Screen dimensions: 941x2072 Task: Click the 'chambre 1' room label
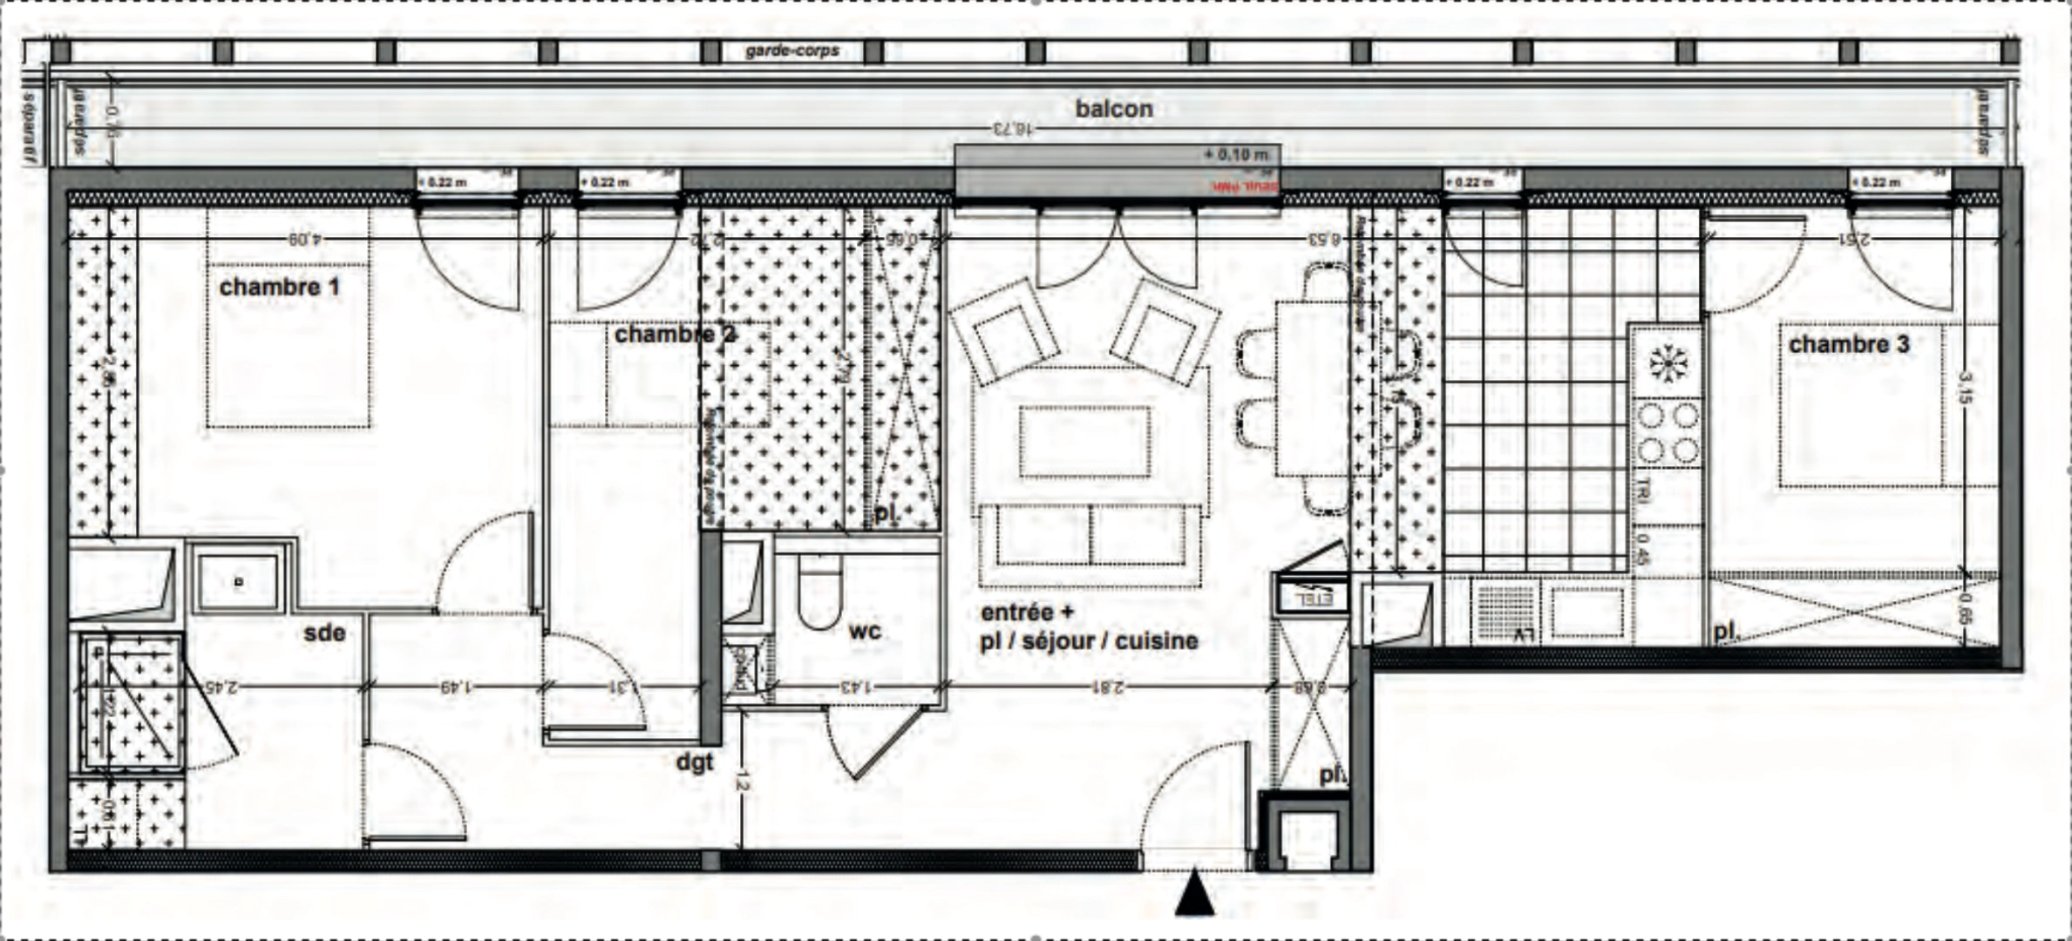[x=279, y=287]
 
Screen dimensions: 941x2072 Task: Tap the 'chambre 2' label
[x=675, y=335]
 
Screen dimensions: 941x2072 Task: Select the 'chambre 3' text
[x=1848, y=345]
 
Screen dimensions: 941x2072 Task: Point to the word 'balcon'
[x=1113, y=109]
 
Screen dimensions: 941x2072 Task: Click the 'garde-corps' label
[x=791, y=51]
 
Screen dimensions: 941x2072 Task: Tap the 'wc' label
[x=864, y=630]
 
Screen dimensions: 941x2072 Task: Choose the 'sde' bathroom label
[x=324, y=633]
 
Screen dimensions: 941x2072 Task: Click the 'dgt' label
[x=695, y=762]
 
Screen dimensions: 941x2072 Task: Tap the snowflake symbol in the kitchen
[x=1667, y=362]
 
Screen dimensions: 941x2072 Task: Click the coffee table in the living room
[x=1085, y=442]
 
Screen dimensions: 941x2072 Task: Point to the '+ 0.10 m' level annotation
[x=1237, y=155]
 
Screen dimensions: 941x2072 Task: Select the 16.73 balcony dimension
[x=1012, y=129]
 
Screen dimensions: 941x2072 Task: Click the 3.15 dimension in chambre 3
[x=1964, y=388]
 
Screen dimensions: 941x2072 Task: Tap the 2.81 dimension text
[x=1106, y=687]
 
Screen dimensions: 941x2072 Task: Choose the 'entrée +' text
[x=1016, y=613]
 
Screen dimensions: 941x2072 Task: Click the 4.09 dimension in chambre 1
[x=301, y=238]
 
